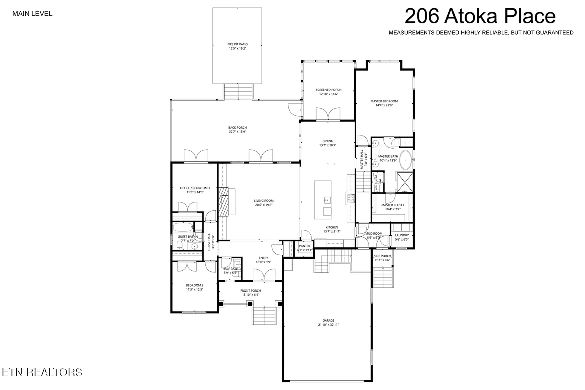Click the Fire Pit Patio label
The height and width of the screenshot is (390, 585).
237,44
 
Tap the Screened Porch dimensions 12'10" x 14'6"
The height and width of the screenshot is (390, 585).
328,94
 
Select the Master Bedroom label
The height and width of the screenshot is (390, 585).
384,101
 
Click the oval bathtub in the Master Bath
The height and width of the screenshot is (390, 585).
405,160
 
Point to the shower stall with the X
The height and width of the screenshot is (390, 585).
405,182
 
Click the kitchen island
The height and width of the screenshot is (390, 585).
323,200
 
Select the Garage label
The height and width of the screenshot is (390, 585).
328,320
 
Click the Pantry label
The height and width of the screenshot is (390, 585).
304,246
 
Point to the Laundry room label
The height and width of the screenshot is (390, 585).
402,235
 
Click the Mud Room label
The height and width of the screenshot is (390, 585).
374,233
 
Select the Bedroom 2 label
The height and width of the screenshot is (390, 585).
194,285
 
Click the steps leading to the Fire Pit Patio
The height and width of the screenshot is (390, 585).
238,91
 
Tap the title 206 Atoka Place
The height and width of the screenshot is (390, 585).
480,16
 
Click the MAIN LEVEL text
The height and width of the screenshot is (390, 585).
32,14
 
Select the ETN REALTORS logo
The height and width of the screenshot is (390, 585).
42,372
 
